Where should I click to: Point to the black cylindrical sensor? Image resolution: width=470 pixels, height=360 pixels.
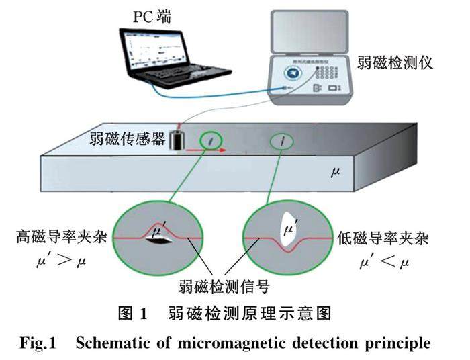click(179, 140)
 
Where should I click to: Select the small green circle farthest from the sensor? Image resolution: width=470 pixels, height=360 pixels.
click(283, 141)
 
